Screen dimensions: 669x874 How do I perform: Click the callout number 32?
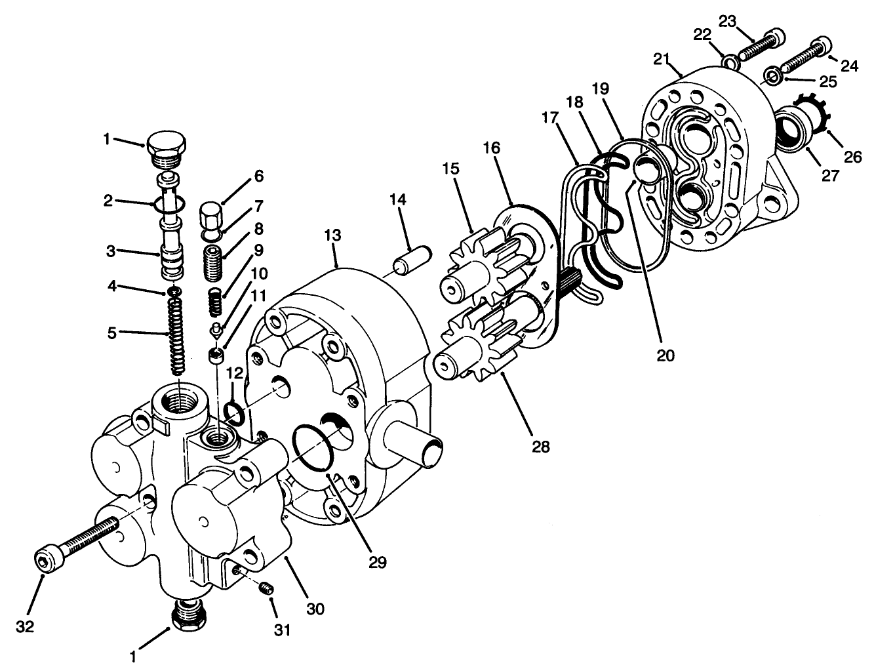tap(25, 626)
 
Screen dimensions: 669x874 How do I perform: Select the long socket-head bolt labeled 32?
tap(79, 541)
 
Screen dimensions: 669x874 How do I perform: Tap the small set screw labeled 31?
tap(266, 588)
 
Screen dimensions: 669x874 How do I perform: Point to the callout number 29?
tap(378, 561)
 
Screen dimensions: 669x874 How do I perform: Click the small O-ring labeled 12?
tap(234, 412)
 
